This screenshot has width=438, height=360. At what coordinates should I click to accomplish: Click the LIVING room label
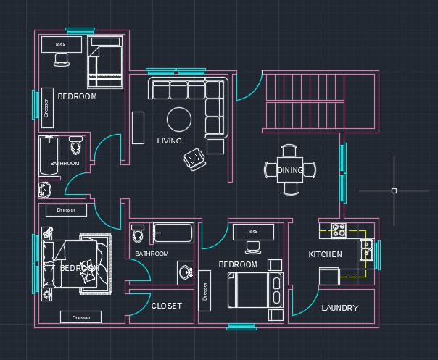[169, 141]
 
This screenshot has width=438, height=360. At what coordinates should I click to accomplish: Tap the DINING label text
[290, 170]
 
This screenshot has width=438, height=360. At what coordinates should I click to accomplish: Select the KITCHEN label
[325, 254]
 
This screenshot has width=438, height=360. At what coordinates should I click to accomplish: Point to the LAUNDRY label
[339, 308]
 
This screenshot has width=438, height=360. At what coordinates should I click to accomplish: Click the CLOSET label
[166, 306]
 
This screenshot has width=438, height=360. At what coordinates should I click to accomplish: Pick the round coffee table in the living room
[179, 118]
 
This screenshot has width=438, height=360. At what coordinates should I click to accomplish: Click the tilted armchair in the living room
[194, 159]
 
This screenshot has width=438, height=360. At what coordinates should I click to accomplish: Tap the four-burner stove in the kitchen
[339, 230]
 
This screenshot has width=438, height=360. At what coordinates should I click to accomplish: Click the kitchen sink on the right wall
[367, 249]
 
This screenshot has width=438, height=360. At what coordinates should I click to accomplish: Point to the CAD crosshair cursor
[394, 191]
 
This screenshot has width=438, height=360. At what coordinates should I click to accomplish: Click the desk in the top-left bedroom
[59, 45]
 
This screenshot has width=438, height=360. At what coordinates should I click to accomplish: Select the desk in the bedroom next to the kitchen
[252, 232]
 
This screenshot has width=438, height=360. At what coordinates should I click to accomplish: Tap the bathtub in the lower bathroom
[173, 233]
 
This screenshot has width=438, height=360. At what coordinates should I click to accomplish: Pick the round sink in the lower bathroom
[184, 274]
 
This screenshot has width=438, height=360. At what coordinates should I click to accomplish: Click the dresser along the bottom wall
[80, 317]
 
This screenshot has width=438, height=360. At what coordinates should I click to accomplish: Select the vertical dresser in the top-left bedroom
[46, 107]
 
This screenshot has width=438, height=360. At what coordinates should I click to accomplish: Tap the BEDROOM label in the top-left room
[77, 96]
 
